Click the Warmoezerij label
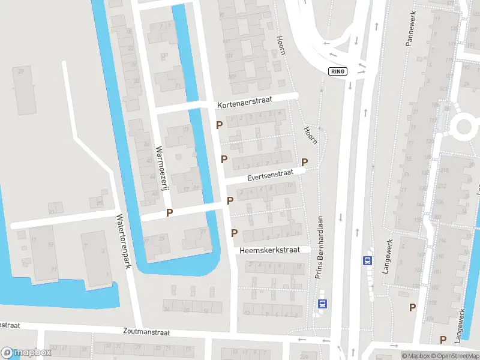(x=160, y=169)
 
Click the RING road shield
(x=338, y=71)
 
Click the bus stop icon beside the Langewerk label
(x=367, y=260)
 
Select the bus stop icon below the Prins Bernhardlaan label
(x=323, y=304)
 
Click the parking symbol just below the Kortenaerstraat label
(x=220, y=125)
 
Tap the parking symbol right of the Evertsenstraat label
(x=305, y=162)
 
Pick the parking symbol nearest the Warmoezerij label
(x=170, y=212)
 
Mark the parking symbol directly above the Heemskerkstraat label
(x=235, y=233)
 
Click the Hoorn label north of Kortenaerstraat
(x=280, y=44)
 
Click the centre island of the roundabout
(x=465, y=127)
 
